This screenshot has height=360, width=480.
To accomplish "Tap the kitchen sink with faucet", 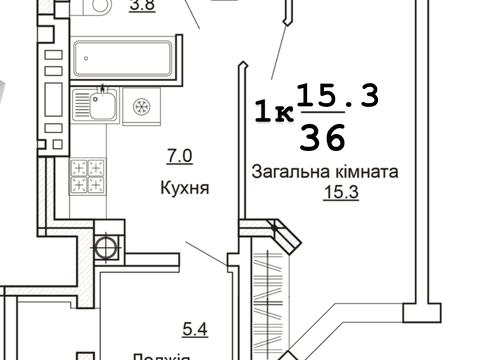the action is tap(102, 106).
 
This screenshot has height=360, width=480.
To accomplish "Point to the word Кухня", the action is tap(183, 188).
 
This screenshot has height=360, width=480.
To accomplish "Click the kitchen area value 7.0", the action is tap(179, 155).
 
